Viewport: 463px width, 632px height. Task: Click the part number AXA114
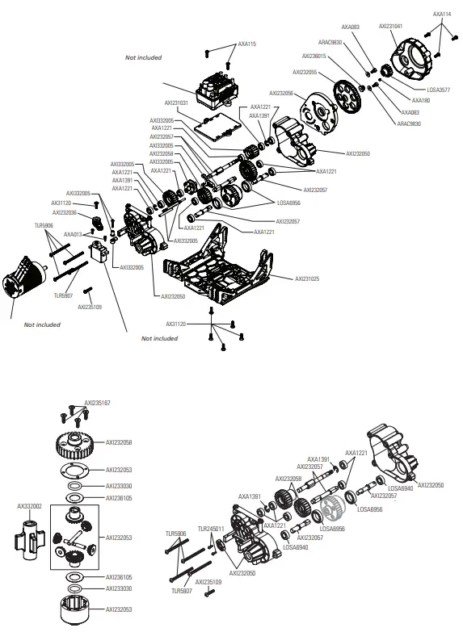[441, 14]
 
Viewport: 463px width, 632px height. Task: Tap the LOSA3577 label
[437, 90]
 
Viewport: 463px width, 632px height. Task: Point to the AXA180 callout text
[420, 101]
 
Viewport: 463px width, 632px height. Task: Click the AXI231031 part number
[176, 103]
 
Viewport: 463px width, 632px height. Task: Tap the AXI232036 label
[65, 212]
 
